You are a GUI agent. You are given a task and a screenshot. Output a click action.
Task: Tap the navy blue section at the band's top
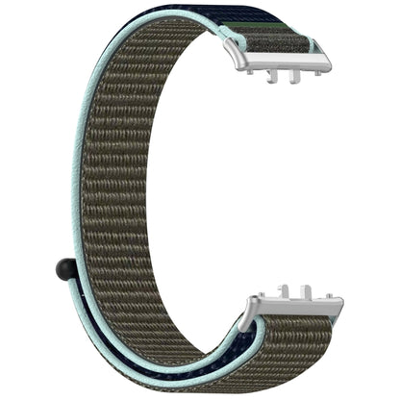tap(221, 26)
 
